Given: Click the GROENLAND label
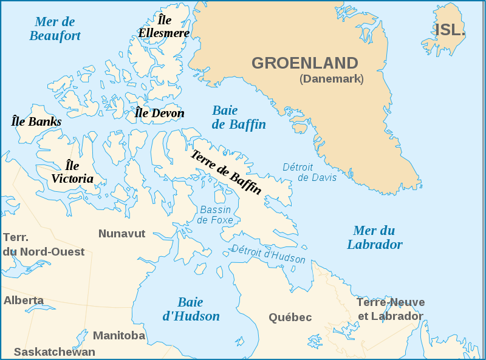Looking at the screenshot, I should pyautogui.click(x=304, y=63).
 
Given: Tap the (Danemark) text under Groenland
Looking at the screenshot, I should pyautogui.click(x=331, y=79).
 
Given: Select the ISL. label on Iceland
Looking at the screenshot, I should pyautogui.click(x=450, y=30).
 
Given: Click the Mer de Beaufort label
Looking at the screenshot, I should pyautogui.click(x=55, y=29).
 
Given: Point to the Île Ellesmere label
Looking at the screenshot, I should pyautogui.click(x=163, y=27).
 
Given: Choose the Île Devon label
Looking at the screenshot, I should pyautogui.click(x=159, y=113).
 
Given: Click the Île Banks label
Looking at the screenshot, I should pyautogui.click(x=36, y=121).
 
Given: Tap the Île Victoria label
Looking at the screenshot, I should pyautogui.click(x=72, y=172).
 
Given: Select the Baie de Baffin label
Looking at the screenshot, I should pyautogui.click(x=238, y=118).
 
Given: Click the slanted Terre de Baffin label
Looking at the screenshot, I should pyautogui.click(x=226, y=172).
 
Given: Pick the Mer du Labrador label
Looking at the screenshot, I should pyautogui.click(x=374, y=237).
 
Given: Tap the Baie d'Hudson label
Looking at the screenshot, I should pyautogui.click(x=191, y=309).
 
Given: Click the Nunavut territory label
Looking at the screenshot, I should pyautogui.click(x=122, y=234).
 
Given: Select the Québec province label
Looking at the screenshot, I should pyautogui.click(x=290, y=318).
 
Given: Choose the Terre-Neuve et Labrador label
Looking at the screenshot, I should pyautogui.click(x=390, y=309).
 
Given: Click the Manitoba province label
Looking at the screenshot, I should pyautogui.click(x=119, y=336).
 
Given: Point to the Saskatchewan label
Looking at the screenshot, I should pyautogui.click(x=55, y=352).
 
